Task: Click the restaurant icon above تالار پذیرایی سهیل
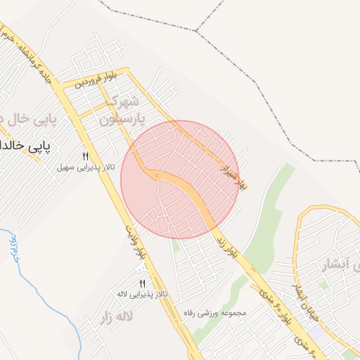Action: coord(86,156)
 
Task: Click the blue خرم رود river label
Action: coord(12,247)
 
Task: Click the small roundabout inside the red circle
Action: coord(156,174)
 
